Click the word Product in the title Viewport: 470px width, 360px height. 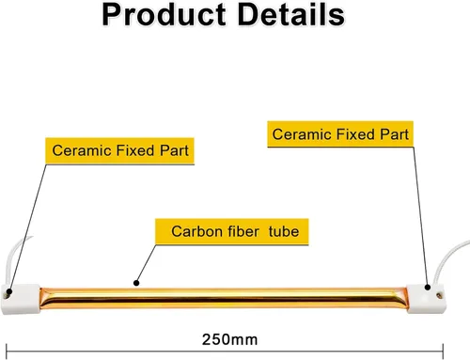click(x=164, y=15)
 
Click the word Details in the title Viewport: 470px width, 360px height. click(x=291, y=15)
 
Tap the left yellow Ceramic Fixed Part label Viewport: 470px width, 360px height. click(x=119, y=150)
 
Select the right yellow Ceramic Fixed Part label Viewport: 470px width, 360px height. click(x=340, y=134)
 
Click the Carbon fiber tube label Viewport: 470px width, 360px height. click(x=232, y=231)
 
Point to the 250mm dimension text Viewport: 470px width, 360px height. click(x=229, y=339)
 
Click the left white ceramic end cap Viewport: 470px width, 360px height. click(x=21, y=299)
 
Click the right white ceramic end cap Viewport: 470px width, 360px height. click(x=426, y=299)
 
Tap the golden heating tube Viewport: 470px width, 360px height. click(x=224, y=298)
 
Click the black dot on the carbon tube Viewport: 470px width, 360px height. click(x=136, y=283)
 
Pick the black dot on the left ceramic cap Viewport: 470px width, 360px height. click(x=9, y=292)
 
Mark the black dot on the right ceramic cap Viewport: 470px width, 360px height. click(x=428, y=287)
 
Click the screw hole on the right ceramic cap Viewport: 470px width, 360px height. click(x=439, y=295)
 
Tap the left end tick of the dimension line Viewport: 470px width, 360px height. click(x=7, y=352)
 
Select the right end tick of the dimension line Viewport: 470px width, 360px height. click(x=443, y=352)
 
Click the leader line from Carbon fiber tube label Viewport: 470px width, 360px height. click(x=146, y=263)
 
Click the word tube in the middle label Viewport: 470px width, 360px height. click(x=284, y=231)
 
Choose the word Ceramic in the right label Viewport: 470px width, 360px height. click(x=302, y=134)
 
